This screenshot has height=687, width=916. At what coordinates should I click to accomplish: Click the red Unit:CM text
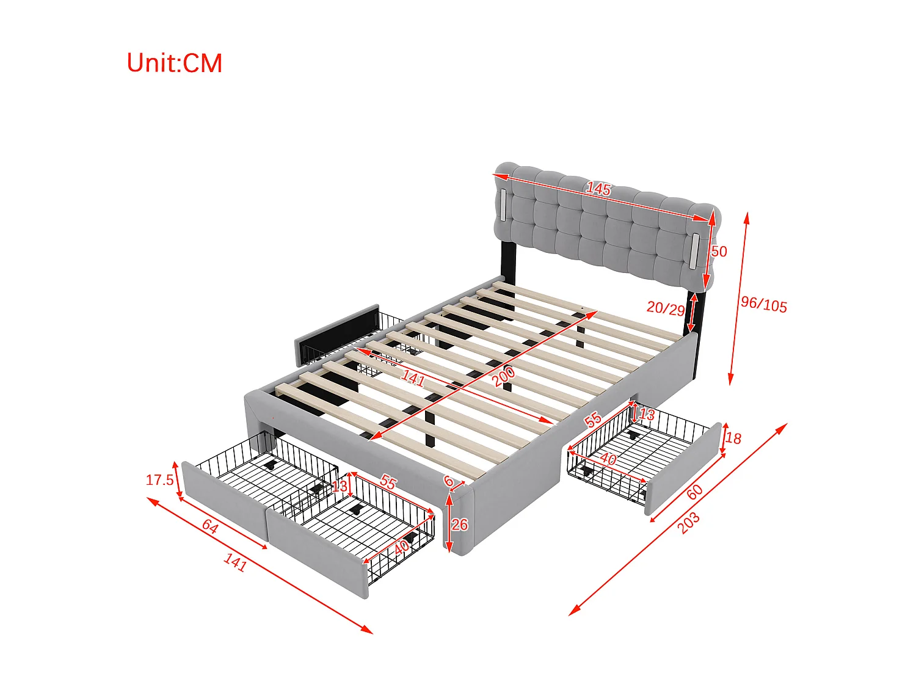[174, 63]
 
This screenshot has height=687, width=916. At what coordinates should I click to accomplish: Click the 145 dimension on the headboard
[598, 189]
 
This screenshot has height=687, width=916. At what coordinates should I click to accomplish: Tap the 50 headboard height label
[719, 252]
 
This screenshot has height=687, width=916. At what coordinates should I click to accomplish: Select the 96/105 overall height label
[764, 304]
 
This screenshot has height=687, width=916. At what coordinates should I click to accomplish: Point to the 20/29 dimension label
[666, 308]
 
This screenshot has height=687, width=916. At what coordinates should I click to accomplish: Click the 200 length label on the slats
[504, 376]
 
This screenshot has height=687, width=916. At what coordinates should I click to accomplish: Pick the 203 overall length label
[689, 523]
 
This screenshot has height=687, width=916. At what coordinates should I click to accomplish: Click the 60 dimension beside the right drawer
[694, 492]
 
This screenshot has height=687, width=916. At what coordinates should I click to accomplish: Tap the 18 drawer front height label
[733, 438]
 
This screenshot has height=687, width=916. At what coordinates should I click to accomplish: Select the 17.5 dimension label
[159, 480]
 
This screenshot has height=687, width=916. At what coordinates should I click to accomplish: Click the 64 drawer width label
[210, 526]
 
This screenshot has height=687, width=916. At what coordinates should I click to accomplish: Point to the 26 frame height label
[460, 525]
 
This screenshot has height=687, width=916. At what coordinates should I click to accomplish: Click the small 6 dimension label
[449, 481]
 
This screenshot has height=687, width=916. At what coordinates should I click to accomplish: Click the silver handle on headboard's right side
[695, 250]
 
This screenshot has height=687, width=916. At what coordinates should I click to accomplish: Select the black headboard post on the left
[506, 261]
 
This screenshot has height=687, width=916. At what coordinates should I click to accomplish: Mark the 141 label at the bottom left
[235, 562]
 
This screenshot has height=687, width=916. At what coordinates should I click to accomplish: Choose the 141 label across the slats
[413, 379]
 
